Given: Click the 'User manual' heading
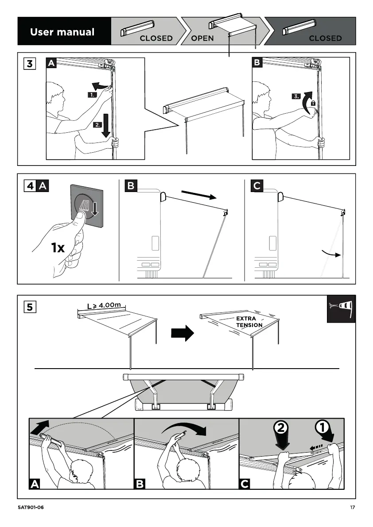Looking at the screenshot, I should click(x=62, y=32).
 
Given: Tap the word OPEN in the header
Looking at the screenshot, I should click(x=202, y=38).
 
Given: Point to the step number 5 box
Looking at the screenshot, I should click(x=30, y=306).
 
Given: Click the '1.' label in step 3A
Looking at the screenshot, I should click(x=92, y=95).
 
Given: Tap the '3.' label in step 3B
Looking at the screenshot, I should click(x=297, y=97).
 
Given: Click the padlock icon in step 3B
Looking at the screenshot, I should click(x=313, y=103).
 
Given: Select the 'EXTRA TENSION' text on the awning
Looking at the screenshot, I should click(x=249, y=322).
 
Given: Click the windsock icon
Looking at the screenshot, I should click(x=341, y=308).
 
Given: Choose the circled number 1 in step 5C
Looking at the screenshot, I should click(x=322, y=428).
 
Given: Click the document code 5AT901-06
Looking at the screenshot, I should click(x=31, y=508).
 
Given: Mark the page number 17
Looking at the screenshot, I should click(x=352, y=508).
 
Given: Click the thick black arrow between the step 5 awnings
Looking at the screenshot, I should click(x=183, y=333).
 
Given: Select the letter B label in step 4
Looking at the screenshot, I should click(x=131, y=186).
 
